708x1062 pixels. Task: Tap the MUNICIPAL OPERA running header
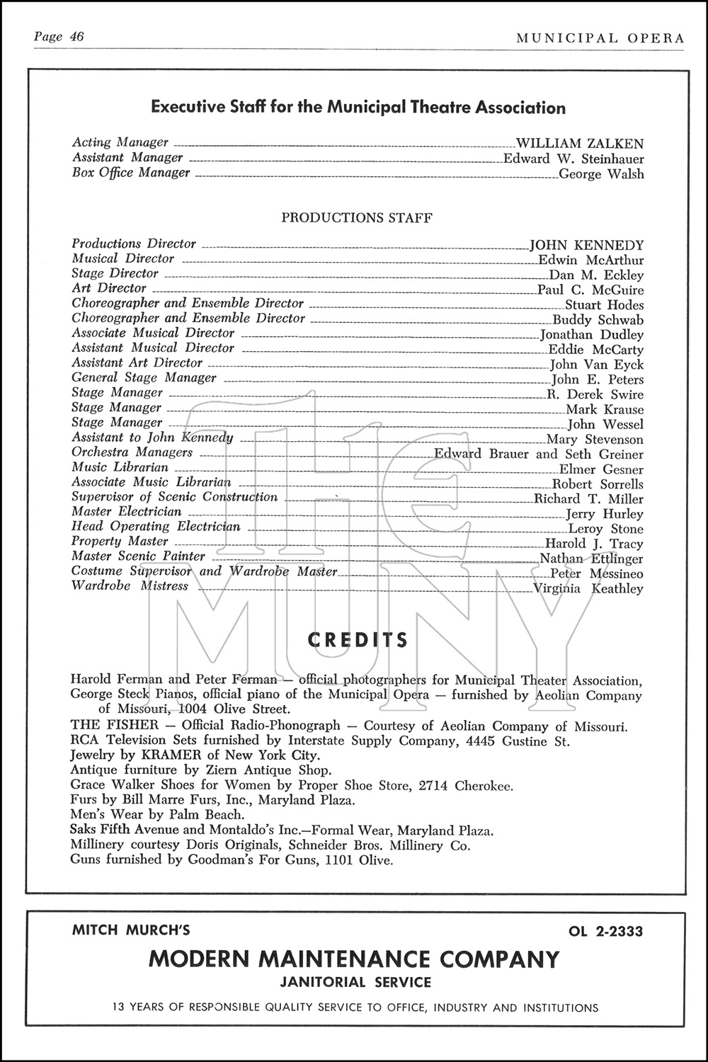point(600,38)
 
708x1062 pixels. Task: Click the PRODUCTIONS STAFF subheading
point(357,217)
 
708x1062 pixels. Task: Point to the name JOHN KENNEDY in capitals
point(587,246)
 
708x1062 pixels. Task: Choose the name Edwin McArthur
point(591,261)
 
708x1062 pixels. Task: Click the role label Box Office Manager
point(131,173)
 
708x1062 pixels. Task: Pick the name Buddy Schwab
point(598,320)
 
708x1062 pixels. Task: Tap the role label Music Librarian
point(120,467)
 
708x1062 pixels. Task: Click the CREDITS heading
point(358,641)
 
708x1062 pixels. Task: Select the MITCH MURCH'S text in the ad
point(131,930)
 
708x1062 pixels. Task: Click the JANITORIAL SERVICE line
point(355,982)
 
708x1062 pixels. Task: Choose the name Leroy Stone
point(606,529)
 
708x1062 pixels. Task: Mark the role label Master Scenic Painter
point(138,556)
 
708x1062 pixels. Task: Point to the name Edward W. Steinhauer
point(573,159)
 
